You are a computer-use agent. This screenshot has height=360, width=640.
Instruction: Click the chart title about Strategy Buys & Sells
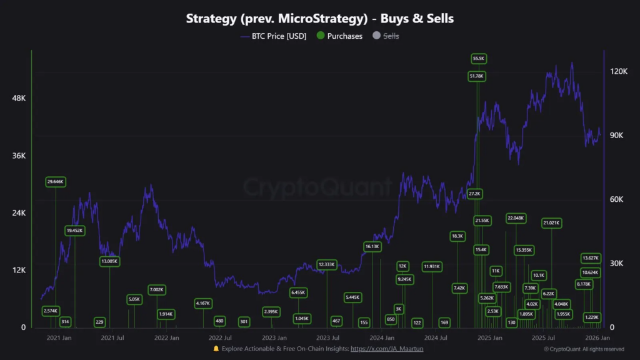coord(320,18)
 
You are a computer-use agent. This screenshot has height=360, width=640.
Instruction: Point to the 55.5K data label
coord(478,58)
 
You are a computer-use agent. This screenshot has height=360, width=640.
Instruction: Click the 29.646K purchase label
coord(56,182)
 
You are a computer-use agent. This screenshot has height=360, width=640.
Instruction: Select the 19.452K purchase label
coord(74,231)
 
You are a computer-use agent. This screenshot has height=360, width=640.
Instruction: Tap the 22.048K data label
coord(516,218)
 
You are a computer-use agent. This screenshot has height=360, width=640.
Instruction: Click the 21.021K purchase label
coord(551,222)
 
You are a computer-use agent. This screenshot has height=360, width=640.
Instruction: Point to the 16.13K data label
coord(372,247)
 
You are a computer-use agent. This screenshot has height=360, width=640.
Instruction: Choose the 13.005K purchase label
coord(109,261)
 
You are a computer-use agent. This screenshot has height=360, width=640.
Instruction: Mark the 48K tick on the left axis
coord(18,98)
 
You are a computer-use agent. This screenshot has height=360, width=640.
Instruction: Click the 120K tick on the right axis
coord(618,72)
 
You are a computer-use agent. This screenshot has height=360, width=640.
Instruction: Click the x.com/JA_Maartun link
coord(387,349)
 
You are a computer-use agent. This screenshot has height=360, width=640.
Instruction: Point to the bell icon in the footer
coord(216,349)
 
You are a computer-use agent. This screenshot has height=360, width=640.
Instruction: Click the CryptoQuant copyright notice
coord(583,349)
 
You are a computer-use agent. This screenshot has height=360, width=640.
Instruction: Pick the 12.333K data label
coord(326,264)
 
